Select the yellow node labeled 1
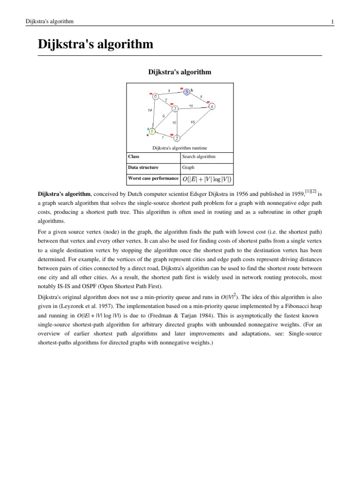(152, 132)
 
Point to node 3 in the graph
(174, 109)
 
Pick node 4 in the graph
(212, 106)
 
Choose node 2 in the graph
(177, 138)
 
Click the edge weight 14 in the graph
(150, 111)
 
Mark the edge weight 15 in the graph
(193, 122)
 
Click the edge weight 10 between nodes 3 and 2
(174, 123)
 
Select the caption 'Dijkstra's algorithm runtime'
(180, 148)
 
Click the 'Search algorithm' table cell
(199, 157)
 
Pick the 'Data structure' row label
(143, 167)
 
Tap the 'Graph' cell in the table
(188, 167)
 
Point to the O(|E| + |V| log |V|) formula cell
(206, 179)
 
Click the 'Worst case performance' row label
(153, 178)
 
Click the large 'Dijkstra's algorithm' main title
(96, 45)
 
